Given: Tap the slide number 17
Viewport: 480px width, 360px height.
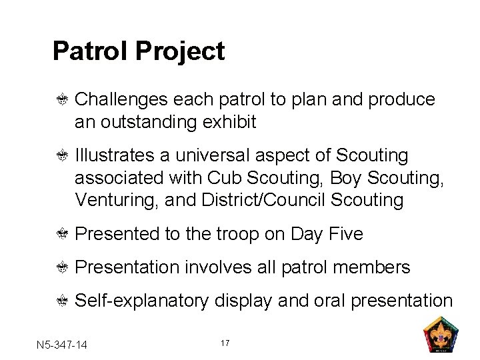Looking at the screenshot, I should click(x=225, y=343).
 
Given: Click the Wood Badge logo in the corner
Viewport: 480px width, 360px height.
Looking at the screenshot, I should click(x=441, y=333).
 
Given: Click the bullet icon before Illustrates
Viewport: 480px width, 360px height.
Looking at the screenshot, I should click(x=63, y=156).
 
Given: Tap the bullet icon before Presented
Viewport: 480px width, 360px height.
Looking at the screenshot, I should click(x=63, y=235).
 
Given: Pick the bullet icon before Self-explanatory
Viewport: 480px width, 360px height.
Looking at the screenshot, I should click(x=63, y=301).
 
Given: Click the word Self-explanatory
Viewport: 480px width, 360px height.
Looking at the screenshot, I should click(x=141, y=301).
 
